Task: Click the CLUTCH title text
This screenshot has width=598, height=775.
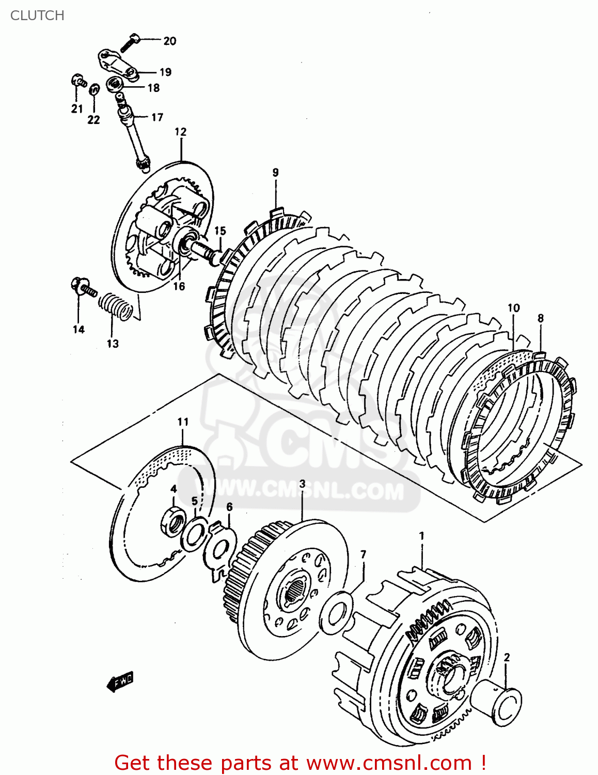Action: pos(37,16)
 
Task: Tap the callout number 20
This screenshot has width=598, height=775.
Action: pos(169,41)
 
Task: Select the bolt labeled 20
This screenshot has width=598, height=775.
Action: pos(130,42)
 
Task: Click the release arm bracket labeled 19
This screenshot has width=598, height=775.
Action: pos(118,64)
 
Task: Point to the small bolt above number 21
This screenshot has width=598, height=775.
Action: pos(78,81)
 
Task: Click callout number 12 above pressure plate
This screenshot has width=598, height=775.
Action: pos(180,132)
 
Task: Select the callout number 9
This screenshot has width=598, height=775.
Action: pos(275,173)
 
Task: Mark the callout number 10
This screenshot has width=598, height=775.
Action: pos(513,308)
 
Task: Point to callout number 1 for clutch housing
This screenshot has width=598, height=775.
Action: pos(421,536)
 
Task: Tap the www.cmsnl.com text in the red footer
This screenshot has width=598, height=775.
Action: pos(388,763)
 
